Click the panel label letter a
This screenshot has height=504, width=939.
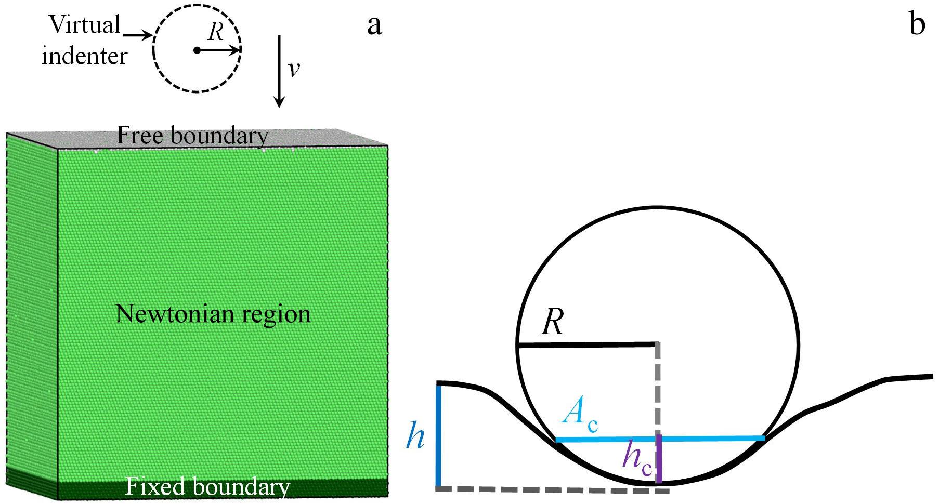click(x=374, y=25)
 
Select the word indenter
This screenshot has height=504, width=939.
click(x=84, y=56)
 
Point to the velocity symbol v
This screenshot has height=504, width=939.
click(x=294, y=69)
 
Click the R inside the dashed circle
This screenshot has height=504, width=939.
click(x=215, y=33)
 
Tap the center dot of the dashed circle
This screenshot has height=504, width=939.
click(x=197, y=50)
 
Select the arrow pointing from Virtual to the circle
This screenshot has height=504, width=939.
click(x=137, y=35)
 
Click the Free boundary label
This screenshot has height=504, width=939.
click(x=192, y=136)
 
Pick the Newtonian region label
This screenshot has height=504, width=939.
click(x=213, y=314)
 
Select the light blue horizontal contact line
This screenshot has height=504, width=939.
click(x=660, y=440)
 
